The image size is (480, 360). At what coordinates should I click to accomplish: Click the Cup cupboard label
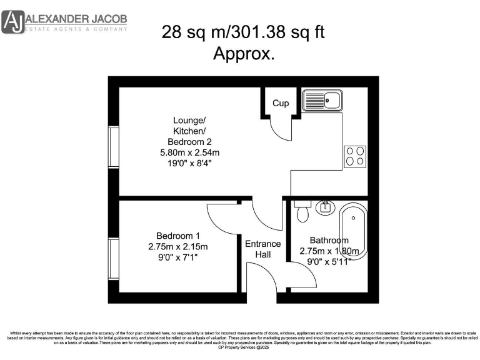click(x=281, y=103)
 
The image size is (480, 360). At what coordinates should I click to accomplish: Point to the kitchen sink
click(x=322, y=100)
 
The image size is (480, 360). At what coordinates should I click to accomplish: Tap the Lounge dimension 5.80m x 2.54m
click(x=189, y=152)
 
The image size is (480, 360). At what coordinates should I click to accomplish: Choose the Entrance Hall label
click(x=262, y=249)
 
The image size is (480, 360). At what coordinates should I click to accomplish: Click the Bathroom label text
click(x=329, y=241)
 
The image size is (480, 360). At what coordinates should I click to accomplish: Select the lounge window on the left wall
click(x=114, y=147)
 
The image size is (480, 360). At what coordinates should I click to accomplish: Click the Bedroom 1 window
click(x=114, y=259)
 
